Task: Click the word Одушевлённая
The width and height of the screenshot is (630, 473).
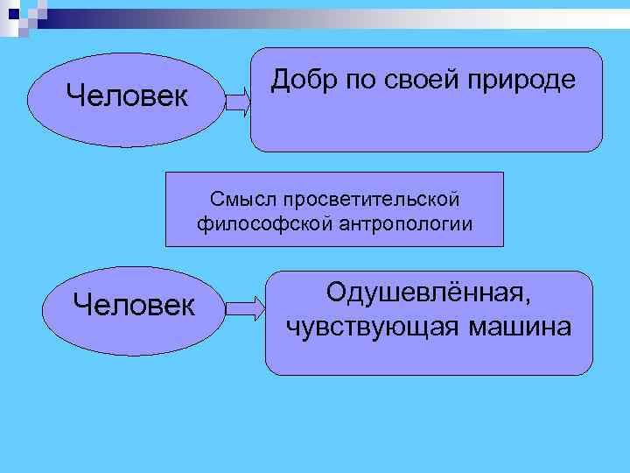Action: tap(428, 292)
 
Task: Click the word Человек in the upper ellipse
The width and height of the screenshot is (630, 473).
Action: tap(127, 95)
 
